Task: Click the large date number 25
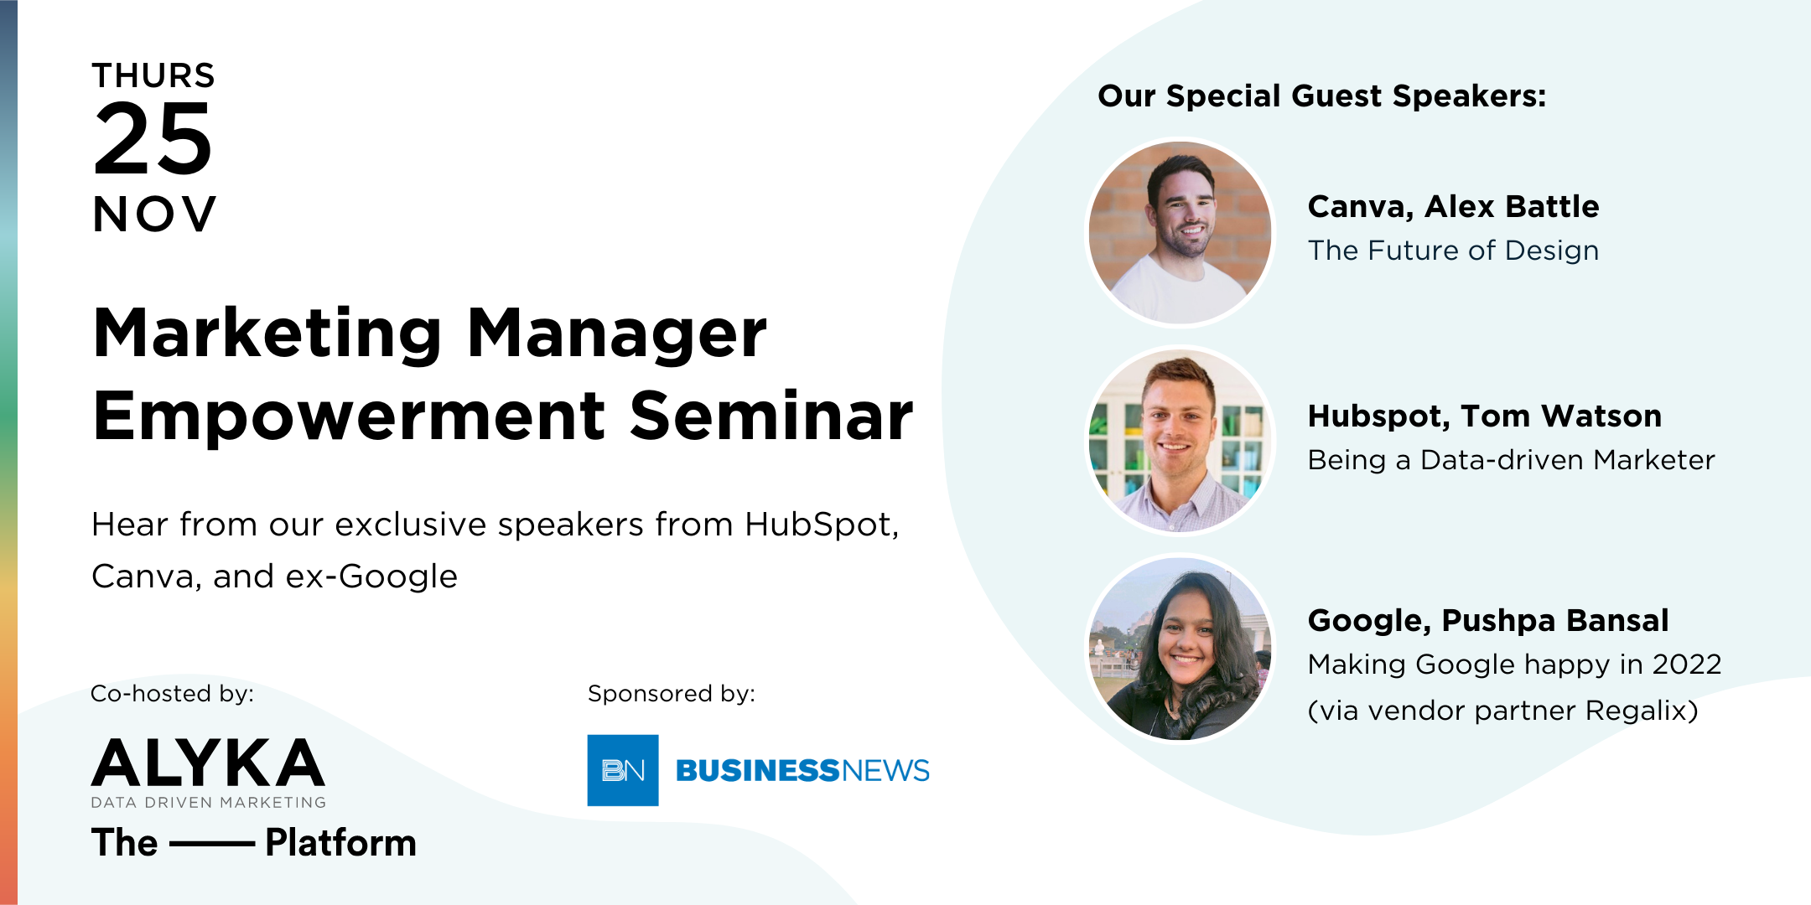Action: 153,139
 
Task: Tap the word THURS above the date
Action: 153,76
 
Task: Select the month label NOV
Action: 154,215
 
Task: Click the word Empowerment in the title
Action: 349,416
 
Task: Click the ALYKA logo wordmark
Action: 208,763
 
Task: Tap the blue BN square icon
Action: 623,770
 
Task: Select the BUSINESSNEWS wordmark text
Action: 802,770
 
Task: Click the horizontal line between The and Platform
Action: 212,844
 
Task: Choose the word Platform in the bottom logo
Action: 340,843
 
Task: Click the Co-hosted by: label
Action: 172,694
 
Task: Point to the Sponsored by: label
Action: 672,694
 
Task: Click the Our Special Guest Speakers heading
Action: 1321,96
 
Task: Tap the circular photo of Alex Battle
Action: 1180,232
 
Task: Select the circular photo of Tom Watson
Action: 1180,442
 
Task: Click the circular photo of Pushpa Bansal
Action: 1180,649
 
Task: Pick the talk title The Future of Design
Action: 1453,251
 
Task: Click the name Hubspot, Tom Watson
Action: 1484,416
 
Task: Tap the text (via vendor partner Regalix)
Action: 1502,711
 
